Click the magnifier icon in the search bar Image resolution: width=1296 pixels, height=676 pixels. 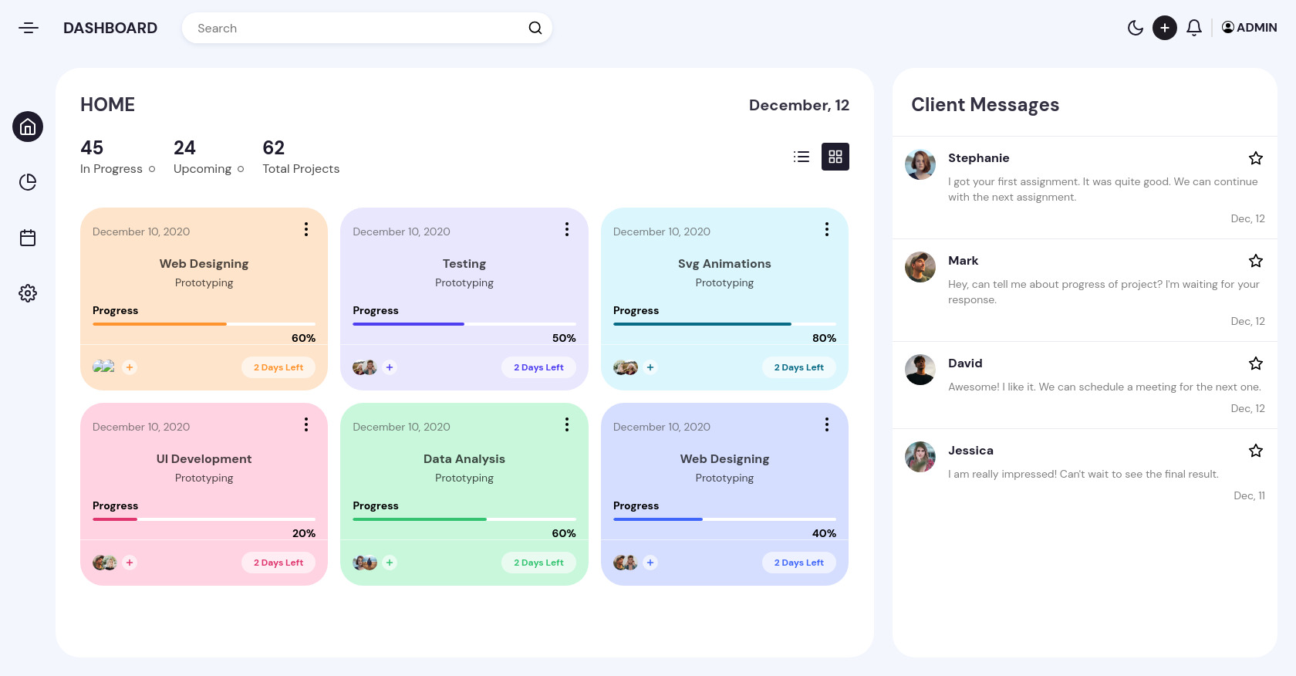535,29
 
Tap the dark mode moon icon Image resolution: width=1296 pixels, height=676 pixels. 1135,29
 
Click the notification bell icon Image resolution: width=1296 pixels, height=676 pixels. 1193,29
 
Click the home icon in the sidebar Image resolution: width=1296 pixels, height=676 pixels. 28,127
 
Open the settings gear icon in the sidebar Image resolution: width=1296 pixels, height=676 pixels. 28,293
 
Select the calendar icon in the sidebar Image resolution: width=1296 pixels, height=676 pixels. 28,238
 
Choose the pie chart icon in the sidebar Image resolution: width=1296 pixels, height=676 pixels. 28,182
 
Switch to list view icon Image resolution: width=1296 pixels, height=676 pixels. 802,157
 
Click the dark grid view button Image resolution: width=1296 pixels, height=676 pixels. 835,157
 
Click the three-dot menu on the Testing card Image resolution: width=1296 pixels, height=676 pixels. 567,229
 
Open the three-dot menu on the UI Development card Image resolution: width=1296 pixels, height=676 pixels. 306,424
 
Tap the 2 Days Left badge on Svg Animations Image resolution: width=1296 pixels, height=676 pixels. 798,367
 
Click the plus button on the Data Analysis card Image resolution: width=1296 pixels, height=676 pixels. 390,563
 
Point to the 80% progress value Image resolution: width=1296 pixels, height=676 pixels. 824,338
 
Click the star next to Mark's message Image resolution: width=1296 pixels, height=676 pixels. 1255,261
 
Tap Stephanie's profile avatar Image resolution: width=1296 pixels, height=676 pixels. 920,164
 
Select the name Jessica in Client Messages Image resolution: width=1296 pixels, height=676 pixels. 970,451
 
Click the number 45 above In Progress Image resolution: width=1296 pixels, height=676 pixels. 92,147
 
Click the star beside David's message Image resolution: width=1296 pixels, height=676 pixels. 1255,363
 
